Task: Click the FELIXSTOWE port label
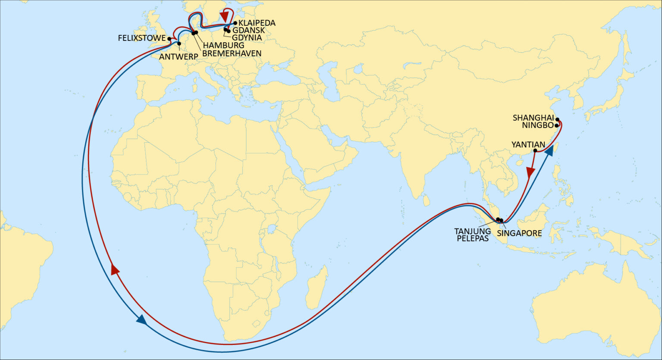(x=141, y=38)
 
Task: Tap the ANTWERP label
(x=178, y=56)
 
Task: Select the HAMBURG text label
(x=223, y=45)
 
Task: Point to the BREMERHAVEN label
(x=232, y=53)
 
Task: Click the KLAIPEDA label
(x=257, y=23)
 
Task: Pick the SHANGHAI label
(x=533, y=118)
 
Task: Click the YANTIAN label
(x=528, y=144)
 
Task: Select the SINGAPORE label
(x=519, y=233)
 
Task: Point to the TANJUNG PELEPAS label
(x=472, y=235)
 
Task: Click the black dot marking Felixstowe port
(x=170, y=38)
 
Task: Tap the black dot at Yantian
(x=535, y=150)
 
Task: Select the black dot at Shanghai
(x=557, y=119)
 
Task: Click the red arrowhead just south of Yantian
(x=531, y=173)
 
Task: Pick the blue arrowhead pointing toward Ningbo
(x=549, y=151)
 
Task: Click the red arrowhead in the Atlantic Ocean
(x=115, y=269)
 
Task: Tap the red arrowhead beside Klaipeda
(x=224, y=16)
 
